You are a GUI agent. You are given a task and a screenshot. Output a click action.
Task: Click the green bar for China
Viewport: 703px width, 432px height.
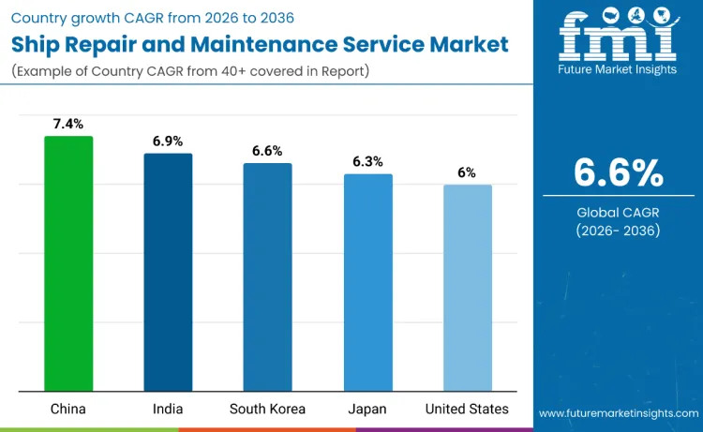point(68,263)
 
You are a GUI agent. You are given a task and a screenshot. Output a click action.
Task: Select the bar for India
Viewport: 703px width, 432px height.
point(168,272)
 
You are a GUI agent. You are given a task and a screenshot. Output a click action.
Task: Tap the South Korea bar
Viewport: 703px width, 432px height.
point(267,276)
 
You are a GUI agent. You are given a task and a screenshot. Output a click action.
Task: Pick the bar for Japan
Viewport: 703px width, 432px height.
point(367,282)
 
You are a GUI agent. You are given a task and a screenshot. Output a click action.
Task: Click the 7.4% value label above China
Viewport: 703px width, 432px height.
point(68,124)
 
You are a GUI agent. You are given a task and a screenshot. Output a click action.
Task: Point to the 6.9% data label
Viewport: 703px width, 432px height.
point(168,141)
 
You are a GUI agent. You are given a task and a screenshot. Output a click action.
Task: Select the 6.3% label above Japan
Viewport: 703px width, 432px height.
point(367,161)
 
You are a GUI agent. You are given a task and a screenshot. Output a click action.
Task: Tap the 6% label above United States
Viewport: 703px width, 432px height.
point(467,172)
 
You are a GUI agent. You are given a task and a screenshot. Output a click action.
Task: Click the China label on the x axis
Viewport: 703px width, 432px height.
point(68,409)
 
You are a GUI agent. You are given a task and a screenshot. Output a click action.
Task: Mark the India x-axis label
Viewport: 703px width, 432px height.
point(168,409)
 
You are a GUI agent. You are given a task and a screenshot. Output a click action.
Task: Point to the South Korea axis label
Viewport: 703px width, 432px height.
point(267,409)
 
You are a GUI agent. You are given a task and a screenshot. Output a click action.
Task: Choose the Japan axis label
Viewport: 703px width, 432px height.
point(367,409)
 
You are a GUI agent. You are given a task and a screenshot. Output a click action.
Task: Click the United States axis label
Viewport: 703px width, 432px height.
point(467,409)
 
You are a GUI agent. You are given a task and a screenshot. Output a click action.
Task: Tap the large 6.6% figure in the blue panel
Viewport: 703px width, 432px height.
point(618,172)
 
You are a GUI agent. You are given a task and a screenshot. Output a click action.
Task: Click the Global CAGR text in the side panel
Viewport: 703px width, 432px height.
point(618,213)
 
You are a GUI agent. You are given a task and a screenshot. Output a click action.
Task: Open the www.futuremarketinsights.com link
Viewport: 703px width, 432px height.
point(618,413)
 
